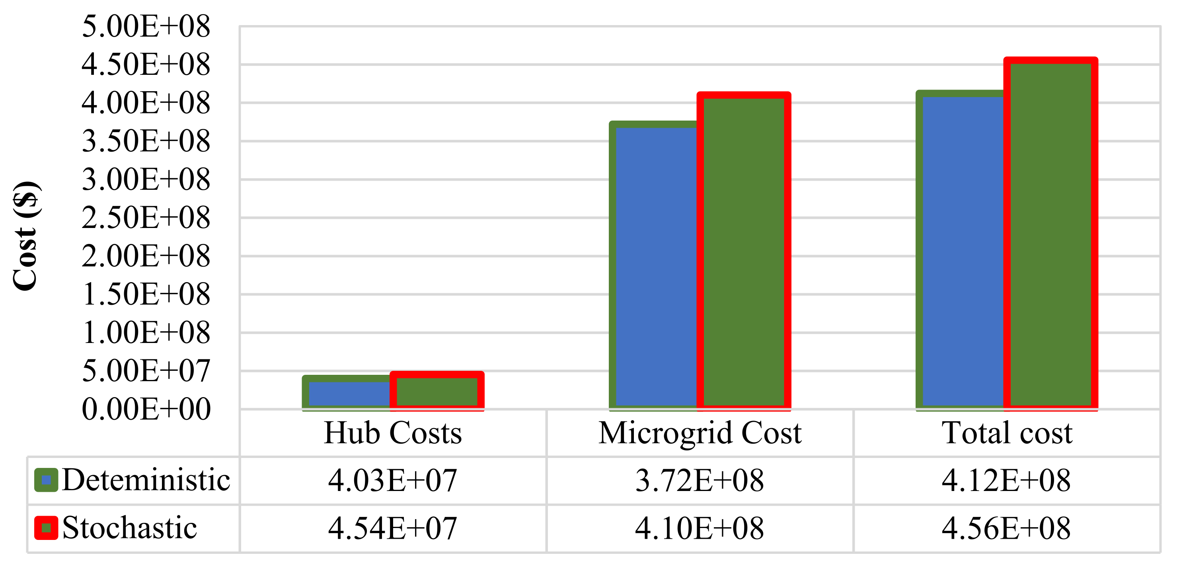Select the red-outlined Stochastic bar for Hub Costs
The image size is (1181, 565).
(437, 391)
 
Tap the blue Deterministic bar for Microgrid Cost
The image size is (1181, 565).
(655, 266)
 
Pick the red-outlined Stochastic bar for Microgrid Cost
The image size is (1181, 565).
(744, 251)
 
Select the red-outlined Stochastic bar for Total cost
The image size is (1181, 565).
(1050, 234)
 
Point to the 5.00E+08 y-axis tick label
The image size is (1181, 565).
(146, 26)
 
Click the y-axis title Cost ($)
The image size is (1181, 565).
(25, 236)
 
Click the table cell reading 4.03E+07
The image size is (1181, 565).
(393, 481)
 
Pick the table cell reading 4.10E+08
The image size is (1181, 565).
(700, 528)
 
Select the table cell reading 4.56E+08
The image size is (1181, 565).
(1006, 528)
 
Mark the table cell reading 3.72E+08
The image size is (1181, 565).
(700, 481)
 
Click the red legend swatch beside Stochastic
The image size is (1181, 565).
(46, 528)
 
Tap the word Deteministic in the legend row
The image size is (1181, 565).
(146, 480)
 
